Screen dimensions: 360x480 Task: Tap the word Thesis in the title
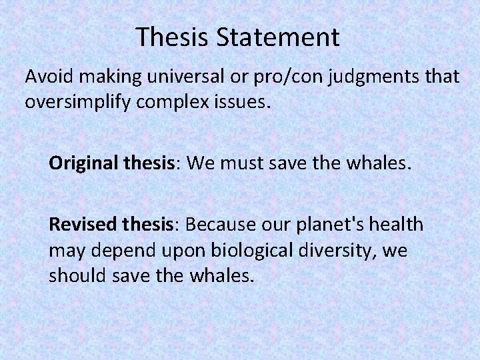[172, 37]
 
